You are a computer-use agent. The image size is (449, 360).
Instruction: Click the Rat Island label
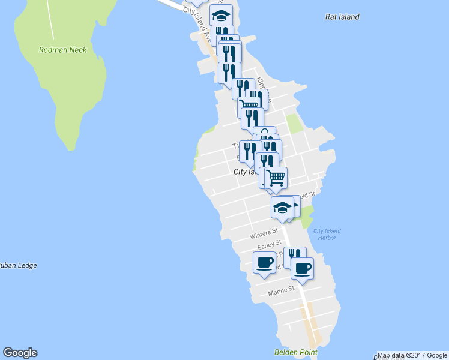tap(342, 17)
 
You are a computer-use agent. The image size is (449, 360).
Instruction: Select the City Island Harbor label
tap(327, 234)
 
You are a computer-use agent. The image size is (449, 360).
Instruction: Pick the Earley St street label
tap(270, 245)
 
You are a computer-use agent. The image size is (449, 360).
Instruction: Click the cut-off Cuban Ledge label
tap(18, 265)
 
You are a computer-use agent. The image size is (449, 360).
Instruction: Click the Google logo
tap(20, 353)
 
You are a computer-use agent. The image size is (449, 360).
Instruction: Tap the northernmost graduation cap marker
tap(221, 15)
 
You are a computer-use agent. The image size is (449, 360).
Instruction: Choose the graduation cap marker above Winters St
tap(282, 207)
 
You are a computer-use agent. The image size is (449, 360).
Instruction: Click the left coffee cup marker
tap(265, 262)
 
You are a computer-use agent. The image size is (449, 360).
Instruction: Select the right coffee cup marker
tap(303, 268)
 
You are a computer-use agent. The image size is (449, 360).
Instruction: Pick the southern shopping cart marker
tap(276, 177)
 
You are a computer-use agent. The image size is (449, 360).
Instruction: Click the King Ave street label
tap(264, 90)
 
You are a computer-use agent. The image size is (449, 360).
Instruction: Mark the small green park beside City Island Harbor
tap(307, 213)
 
